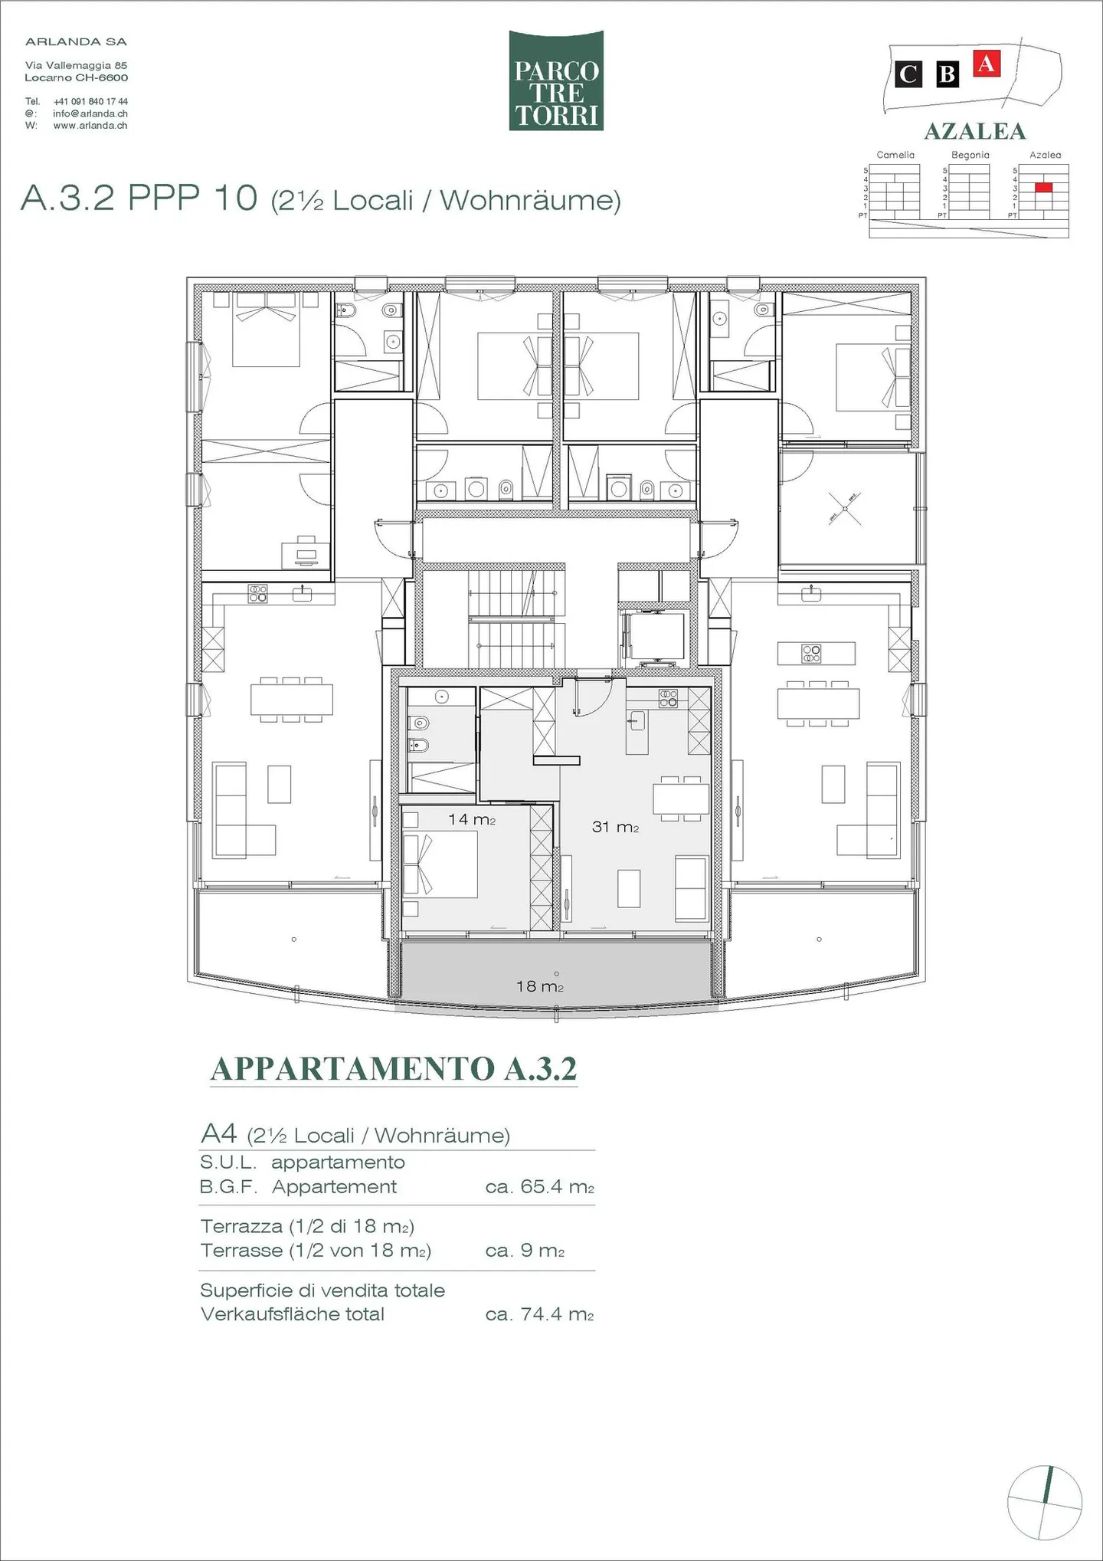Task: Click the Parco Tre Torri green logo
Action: click(x=556, y=80)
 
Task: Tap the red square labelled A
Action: click(x=987, y=63)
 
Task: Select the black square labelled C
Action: click(x=908, y=74)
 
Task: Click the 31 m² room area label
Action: click(x=615, y=827)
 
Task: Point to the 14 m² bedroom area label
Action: click(x=471, y=819)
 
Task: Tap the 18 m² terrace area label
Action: click(x=539, y=986)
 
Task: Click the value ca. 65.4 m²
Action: click(x=539, y=1186)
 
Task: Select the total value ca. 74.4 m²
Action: click(x=539, y=1314)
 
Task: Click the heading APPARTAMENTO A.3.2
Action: click(x=394, y=1069)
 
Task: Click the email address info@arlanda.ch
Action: click(x=90, y=113)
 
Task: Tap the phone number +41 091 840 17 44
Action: click(x=90, y=101)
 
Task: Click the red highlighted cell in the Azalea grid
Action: click(x=1043, y=187)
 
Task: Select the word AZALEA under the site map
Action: click(x=974, y=131)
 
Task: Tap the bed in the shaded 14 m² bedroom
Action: click(x=440, y=864)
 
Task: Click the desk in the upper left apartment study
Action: click(x=306, y=553)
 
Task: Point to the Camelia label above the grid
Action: click(x=895, y=155)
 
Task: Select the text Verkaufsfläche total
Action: click(x=293, y=1314)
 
